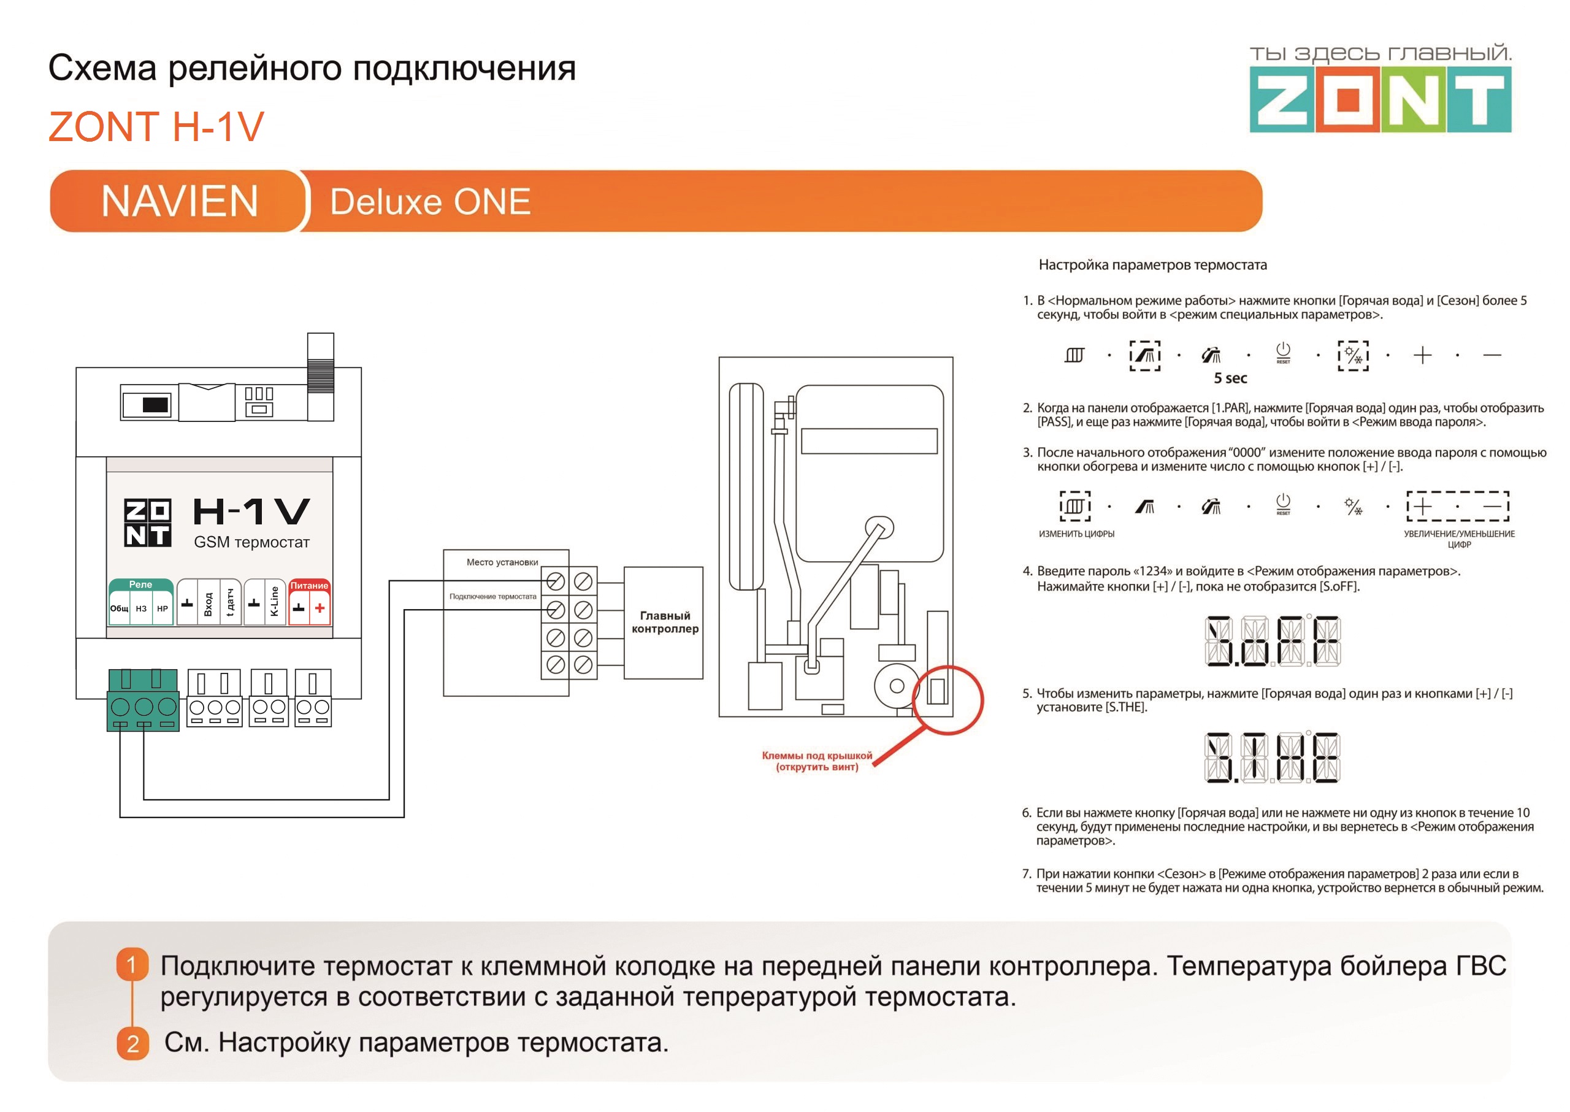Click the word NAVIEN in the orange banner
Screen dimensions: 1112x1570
pyautogui.click(x=180, y=201)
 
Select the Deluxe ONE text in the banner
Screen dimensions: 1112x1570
pyautogui.click(x=430, y=202)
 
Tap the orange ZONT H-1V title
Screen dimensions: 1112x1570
pyautogui.click(x=156, y=127)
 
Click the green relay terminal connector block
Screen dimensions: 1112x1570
pyautogui.click(x=143, y=700)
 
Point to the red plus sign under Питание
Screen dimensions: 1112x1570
pyautogui.click(x=320, y=608)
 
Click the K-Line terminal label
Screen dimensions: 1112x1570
pyautogui.click(x=275, y=601)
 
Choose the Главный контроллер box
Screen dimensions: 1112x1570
pyautogui.click(x=664, y=623)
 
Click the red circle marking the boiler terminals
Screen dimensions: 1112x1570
pyautogui.click(x=948, y=700)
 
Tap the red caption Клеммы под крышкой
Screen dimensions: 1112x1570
pyautogui.click(x=817, y=761)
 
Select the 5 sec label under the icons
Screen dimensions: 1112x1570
pyautogui.click(x=1230, y=378)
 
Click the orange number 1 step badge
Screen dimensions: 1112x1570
pyautogui.click(x=132, y=965)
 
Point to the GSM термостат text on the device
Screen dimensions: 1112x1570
pyautogui.click(x=251, y=542)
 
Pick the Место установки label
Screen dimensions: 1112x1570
pyautogui.click(x=502, y=562)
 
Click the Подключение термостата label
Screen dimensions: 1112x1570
pyautogui.click(x=492, y=596)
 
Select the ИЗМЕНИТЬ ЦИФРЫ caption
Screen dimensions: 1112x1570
pyautogui.click(x=1076, y=534)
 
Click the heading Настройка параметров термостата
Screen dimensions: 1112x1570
pyautogui.click(x=1152, y=265)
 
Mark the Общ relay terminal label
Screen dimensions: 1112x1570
pyautogui.click(x=119, y=608)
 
